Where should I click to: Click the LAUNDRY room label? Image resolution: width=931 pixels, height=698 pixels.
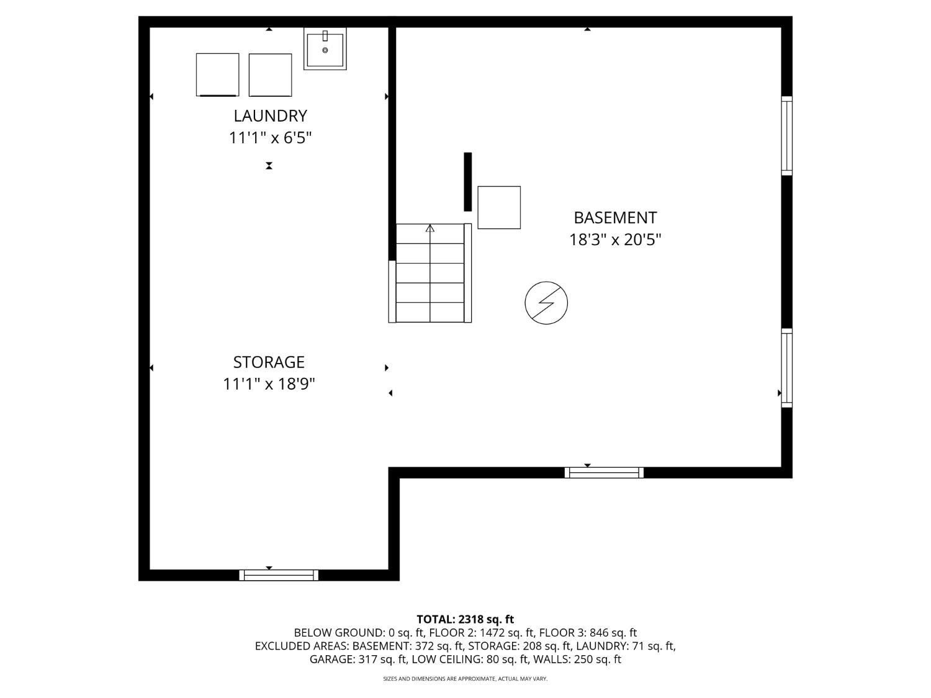tap(270, 115)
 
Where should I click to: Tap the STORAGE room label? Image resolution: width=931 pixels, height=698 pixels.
tap(269, 362)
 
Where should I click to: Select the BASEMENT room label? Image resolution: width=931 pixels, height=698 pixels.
tap(615, 218)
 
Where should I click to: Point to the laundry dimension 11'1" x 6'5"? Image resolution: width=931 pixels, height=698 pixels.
tap(270, 138)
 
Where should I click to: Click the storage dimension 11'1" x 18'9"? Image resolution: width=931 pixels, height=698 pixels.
tap(269, 384)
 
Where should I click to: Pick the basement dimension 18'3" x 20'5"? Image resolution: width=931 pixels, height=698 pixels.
tap(615, 240)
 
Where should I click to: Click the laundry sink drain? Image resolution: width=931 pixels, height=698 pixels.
tap(325, 50)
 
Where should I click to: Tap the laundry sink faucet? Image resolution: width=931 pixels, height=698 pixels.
tap(325, 35)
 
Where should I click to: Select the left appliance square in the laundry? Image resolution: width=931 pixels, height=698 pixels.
tap(218, 74)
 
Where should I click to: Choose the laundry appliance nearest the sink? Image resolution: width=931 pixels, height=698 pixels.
tap(270, 75)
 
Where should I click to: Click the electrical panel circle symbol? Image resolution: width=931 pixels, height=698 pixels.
tap(546, 303)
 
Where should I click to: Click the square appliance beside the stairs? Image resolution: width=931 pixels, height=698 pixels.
tap(499, 208)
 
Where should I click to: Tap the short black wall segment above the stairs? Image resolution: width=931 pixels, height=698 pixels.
tap(468, 182)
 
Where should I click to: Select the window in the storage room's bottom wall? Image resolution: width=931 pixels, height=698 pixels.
tap(279, 575)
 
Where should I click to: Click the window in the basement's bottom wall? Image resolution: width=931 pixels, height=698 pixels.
tap(604, 473)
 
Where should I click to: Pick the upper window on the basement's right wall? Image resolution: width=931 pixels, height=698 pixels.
tap(787, 136)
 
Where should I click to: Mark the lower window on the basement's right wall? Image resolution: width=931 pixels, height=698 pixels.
tap(787, 368)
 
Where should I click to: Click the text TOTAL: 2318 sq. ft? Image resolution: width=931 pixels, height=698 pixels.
tap(465, 620)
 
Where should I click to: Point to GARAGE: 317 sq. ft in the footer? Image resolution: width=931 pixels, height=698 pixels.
tap(358, 660)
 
